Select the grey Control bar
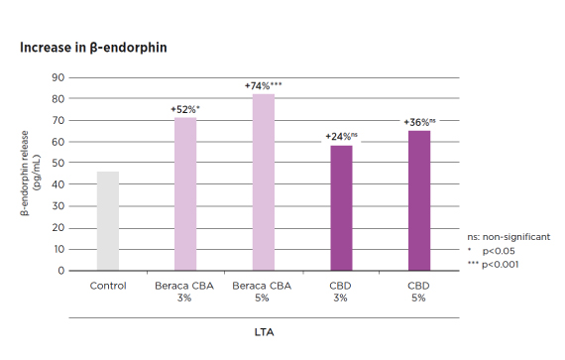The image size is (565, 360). (107, 220)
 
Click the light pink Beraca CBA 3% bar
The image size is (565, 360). (185, 193)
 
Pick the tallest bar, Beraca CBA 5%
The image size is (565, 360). (263, 181)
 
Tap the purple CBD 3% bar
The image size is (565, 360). (341, 207)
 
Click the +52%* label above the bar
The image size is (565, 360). (185, 108)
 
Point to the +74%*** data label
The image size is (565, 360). (264, 86)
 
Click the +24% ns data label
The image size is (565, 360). (341, 136)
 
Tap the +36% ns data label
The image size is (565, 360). (419, 122)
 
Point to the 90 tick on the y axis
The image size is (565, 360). (58, 77)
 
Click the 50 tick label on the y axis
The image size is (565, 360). (58, 163)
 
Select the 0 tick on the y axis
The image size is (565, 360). (61, 270)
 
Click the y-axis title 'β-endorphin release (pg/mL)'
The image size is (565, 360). (29, 175)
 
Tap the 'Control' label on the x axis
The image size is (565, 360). (107, 286)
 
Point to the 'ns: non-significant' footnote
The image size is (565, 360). (508, 237)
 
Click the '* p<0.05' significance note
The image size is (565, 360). (501, 251)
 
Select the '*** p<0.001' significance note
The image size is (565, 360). (504, 265)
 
